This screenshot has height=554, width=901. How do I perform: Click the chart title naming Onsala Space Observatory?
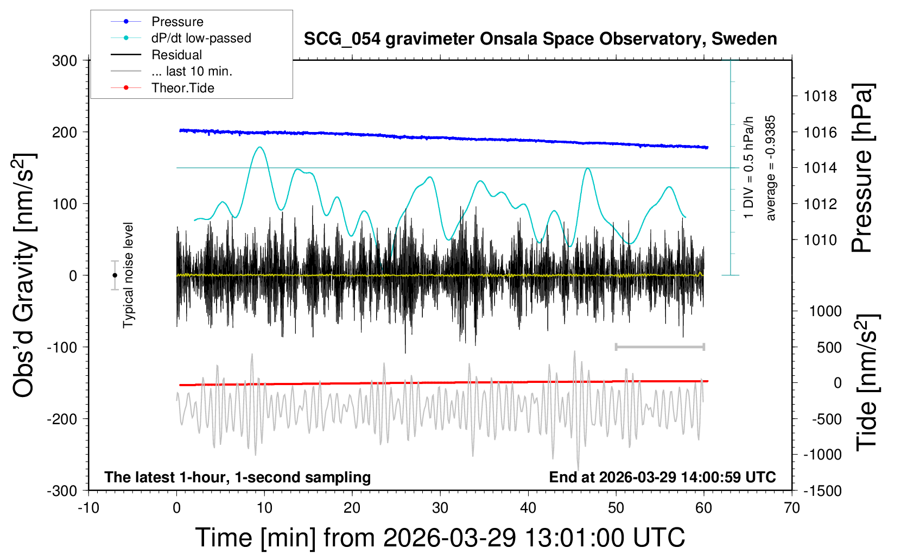pos(540,39)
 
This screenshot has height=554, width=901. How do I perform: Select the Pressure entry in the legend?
pos(177,22)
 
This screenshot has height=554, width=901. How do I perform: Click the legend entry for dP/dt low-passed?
pos(201,38)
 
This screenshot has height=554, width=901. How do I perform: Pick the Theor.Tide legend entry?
pos(182,88)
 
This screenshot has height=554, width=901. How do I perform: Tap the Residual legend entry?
pos(176,55)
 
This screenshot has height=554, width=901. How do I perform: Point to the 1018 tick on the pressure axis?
pos(820,96)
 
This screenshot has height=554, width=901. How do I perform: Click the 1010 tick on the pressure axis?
pos(820,240)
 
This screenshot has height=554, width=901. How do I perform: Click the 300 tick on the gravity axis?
pos(65,60)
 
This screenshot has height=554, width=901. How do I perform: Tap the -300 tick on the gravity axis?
pos(62,490)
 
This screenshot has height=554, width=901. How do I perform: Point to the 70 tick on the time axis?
pos(792,508)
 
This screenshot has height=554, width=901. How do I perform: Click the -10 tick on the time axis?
pos(88,508)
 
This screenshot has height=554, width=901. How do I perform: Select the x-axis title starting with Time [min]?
pos(440,538)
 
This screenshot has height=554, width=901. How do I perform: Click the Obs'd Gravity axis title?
pos(24,275)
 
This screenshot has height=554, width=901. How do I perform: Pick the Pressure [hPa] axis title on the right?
pos(862,168)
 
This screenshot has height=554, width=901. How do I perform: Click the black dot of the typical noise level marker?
pos(115,275)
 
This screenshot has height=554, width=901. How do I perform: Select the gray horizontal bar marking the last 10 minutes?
pos(659,347)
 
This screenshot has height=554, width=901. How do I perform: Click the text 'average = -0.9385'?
pos(770,168)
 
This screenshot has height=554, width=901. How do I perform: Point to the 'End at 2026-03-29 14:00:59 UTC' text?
pos(662,477)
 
